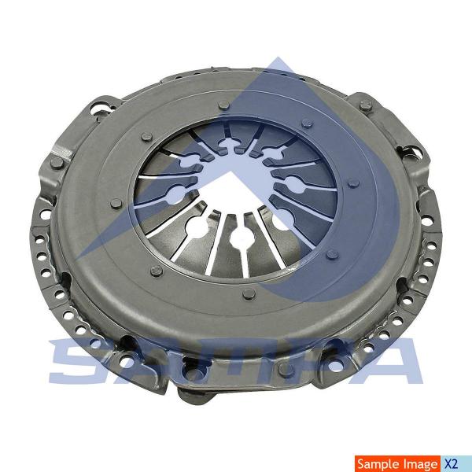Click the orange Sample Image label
point(397,464)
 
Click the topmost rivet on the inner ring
point(223,105)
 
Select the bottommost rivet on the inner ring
point(249,293)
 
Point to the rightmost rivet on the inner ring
point(353,183)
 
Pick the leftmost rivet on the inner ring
point(116,204)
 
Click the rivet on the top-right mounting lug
point(365,105)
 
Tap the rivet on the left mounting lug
point(57,163)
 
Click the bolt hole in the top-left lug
point(101,108)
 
